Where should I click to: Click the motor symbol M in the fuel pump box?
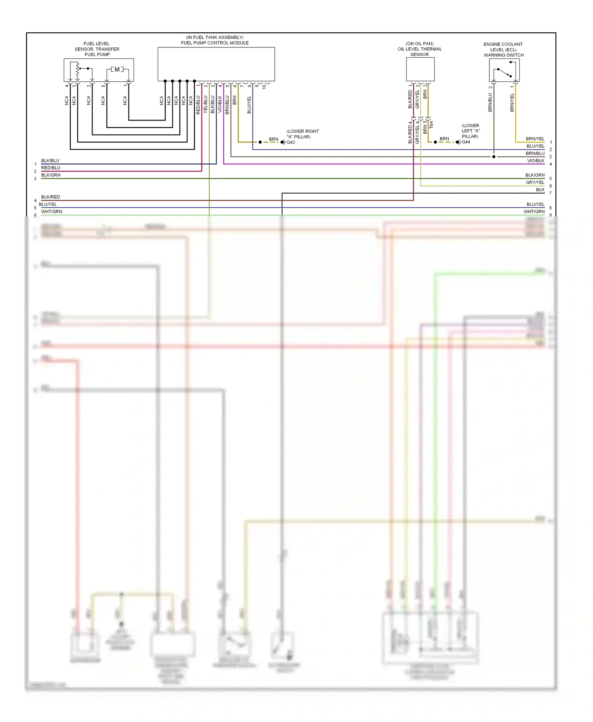(x=117, y=70)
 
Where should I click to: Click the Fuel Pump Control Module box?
(x=216, y=64)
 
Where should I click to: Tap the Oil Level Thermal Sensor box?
(x=420, y=69)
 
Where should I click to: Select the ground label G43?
(x=291, y=143)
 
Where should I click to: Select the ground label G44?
(x=466, y=142)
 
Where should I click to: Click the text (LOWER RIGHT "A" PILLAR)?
(x=302, y=134)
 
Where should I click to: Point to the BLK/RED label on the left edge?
(x=51, y=197)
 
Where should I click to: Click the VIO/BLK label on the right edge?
(x=535, y=161)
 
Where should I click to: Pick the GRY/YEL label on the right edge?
(x=535, y=182)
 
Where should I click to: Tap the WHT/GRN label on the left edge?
(x=52, y=212)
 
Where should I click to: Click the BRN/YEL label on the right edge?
(x=535, y=139)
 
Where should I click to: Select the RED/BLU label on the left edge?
(x=51, y=168)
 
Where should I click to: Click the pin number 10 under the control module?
(x=264, y=86)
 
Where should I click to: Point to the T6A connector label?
(x=431, y=125)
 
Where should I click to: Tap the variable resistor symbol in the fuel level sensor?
(x=77, y=70)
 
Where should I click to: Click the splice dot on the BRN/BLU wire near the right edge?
(x=494, y=157)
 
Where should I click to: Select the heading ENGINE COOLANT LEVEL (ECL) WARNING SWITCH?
(x=503, y=50)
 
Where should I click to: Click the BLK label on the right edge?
(x=540, y=190)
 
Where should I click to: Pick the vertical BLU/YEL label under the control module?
(x=249, y=105)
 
